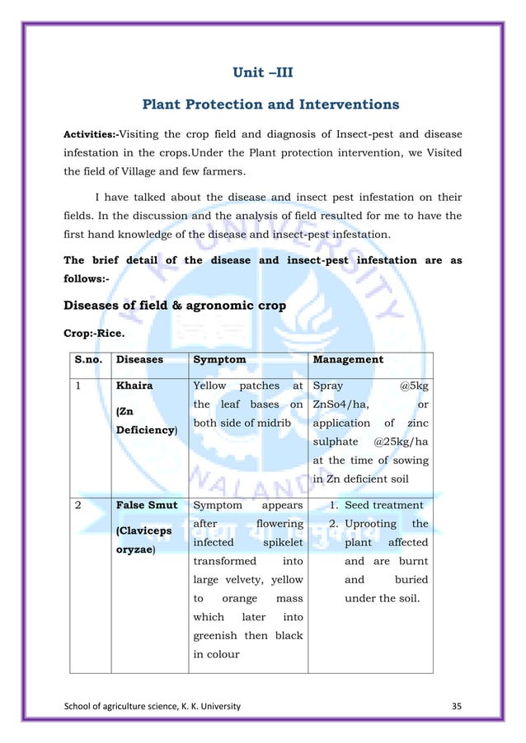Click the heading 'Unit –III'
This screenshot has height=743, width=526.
pos(263,73)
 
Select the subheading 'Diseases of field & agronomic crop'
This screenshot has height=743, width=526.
pos(175,306)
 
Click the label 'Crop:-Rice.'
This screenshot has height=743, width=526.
pos(95,334)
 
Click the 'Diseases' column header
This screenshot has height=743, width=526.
pos(139,359)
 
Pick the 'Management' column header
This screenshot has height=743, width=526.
pos(347,359)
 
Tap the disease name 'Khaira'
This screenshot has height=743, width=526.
pos(134,385)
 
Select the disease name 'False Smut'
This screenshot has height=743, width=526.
pos(147,505)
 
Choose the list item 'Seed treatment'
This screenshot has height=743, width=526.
pos(383,505)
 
